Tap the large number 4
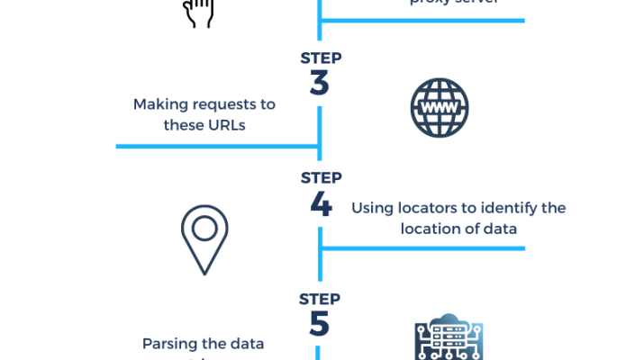point(321,203)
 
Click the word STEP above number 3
point(321,58)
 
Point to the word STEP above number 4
point(321,177)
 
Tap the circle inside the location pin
point(204,228)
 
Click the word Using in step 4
point(370,208)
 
